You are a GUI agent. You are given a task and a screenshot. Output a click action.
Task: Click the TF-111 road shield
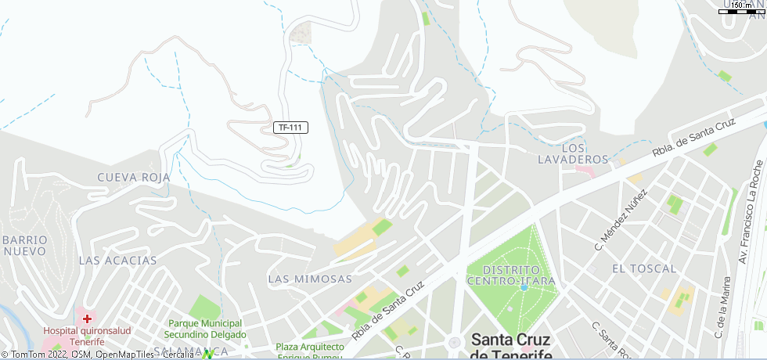(x=291, y=128)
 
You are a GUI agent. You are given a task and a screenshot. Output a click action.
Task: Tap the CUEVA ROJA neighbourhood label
(x=134, y=178)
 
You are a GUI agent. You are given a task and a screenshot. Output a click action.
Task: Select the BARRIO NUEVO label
(x=24, y=245)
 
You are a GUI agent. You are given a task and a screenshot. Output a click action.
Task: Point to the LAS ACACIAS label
(x=118, y=261)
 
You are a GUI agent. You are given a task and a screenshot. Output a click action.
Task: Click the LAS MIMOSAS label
(x=310, y=279)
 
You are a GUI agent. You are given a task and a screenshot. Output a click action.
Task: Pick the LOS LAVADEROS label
(x=574, y=153)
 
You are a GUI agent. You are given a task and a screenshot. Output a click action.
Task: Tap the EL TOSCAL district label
(x=644, y=268)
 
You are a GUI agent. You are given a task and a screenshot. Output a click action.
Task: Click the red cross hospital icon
(x=87, y=319)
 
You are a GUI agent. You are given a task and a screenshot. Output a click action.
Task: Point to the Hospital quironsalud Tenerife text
(x=74, y=337)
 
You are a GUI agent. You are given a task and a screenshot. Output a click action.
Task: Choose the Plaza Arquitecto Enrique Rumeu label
(x=310, y=351)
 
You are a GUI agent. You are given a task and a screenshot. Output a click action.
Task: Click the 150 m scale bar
(x=740, y=10)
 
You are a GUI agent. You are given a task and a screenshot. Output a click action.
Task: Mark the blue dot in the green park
(x=524, y=287)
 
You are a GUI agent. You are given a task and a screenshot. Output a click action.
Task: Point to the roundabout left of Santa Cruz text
(x=455, y=343)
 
